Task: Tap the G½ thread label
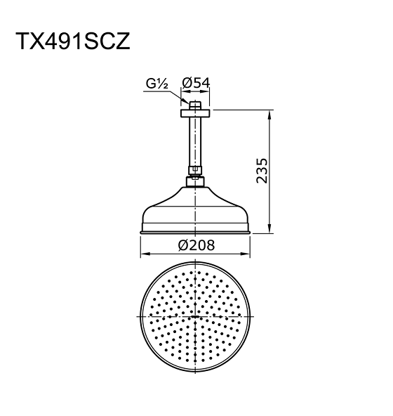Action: tap(156, 84)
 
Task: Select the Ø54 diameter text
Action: tap(196, 83)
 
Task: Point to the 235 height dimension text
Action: tap(262, 171)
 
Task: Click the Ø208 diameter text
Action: tap(196, 245)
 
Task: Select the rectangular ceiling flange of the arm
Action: tap(196, 112)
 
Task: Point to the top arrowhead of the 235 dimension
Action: tap(270, 112)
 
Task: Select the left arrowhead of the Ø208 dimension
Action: tap(143, 254)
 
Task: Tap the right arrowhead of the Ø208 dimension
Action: tap(248, 254)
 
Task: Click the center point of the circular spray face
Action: tap(196, 318)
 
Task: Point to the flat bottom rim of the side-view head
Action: tap(196, 230)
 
